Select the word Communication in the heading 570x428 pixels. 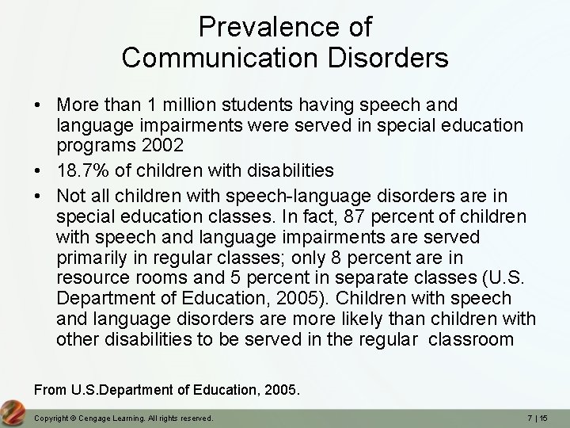pos(207,58)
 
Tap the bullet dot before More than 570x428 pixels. pos(38,105)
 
